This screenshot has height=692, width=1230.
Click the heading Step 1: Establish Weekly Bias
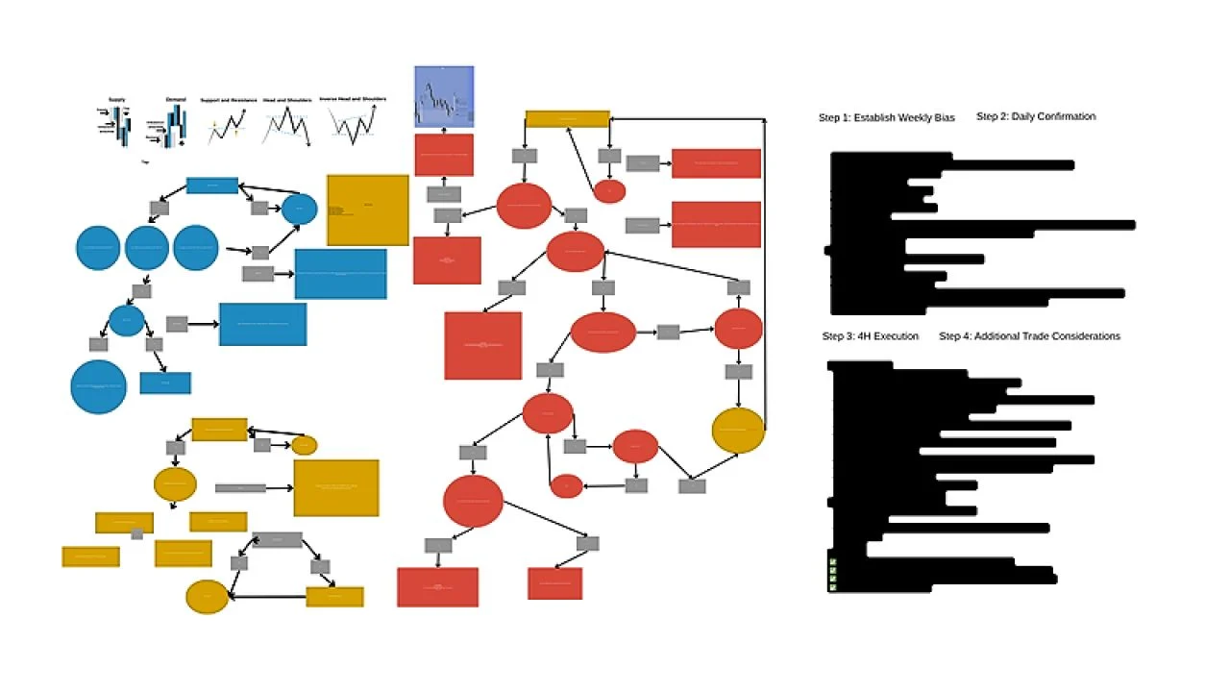[x=886, y=118]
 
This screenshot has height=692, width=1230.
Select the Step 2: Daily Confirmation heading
[x=1036, y=117]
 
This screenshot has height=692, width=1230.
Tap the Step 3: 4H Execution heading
[x=870, y=336]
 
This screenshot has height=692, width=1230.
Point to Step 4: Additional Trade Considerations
[x=1029, y=336]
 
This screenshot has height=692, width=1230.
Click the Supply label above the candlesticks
[x=116, y=100]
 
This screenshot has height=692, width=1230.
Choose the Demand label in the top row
[x=175, y=100]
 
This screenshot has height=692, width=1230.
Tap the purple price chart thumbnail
[x=444, y=96]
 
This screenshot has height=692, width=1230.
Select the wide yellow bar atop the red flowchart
[x=567, y=119]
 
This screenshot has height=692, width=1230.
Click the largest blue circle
[x=98, y=387]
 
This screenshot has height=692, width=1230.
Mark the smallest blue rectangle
[x=165, y=383]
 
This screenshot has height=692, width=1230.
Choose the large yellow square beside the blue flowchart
[x=368, y=210]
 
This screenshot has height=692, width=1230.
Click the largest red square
[x=483, y=345]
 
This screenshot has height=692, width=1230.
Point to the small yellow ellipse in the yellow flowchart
[x=304, y=445]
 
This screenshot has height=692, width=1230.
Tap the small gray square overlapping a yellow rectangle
[x=137, y=533]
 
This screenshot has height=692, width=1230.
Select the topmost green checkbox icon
[x=833, y=562]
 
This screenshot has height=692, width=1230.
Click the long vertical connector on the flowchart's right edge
[x=765, y=269]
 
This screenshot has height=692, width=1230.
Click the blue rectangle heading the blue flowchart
[x=211, y=185]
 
